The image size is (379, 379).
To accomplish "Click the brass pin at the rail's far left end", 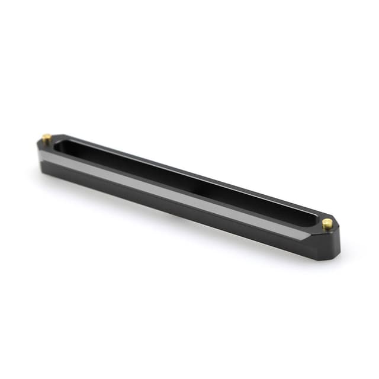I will tap(46, 139).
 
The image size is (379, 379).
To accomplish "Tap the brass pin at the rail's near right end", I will tap(327, 223).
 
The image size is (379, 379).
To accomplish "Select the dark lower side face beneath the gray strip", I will tap(178, 207).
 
